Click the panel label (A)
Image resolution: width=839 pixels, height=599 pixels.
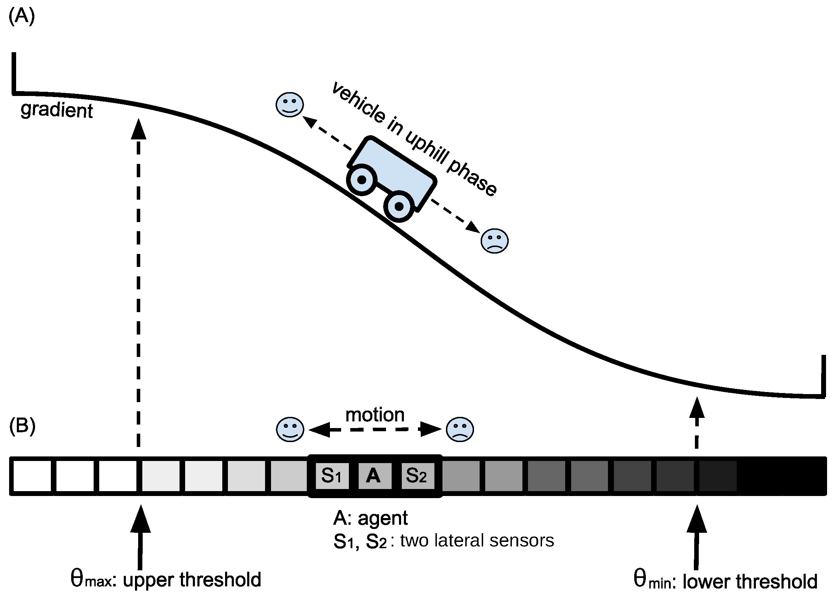tap(21, 16)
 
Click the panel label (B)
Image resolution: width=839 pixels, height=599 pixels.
tap(22, 426)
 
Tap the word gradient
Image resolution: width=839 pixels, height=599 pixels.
tap(56, 110)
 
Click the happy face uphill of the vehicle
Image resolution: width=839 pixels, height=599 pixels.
tap(290, 105)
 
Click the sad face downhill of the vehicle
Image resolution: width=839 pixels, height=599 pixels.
tap(494, 241)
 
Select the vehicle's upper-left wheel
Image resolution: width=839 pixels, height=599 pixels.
tap(362, 180)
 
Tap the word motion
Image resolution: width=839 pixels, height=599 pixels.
tap(375, 415)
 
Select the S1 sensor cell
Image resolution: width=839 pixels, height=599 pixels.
tap(332, 476)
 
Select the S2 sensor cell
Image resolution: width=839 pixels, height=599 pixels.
tap(418, 476)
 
